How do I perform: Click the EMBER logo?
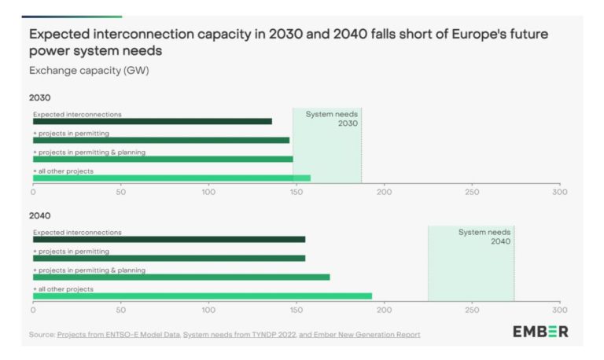(x=540, y=332)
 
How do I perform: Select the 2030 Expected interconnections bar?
(x=152, y=121)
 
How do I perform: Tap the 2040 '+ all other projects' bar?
(x=202, y=296)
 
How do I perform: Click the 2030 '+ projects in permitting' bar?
(x=160, y=140)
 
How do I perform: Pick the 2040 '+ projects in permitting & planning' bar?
(x=181, y=277)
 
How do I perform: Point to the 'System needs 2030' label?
(x=331, y=119)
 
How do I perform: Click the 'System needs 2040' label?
(x=484, y=237)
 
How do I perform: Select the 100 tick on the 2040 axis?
(x=208, y=309)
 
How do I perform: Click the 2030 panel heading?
(x=40, y=98)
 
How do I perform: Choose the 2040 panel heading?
(x=40, y=215)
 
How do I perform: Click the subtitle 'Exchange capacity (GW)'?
(x=89, y=70)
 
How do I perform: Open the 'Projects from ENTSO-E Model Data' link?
(x=118, y=334)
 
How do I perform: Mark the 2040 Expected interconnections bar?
(x=168, y=239)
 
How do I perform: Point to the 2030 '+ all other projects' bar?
(x=171, y=178)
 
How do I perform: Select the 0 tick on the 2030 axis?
(x=33, y=191)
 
